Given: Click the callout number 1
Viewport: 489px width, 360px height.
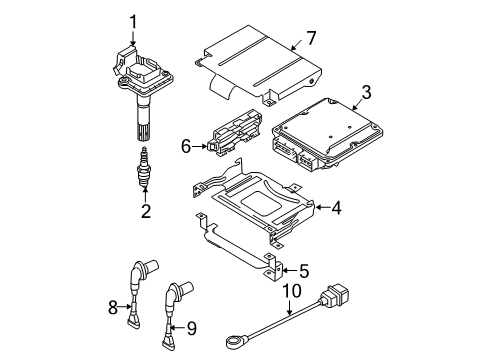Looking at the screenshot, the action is click(x=133, y=22).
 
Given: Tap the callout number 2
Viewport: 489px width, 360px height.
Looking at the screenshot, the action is click(x=146, y=211).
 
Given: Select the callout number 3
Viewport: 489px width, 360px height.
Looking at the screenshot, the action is click(x=366, y=92).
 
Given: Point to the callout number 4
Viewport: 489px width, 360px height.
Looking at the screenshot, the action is click(x=337, y=208).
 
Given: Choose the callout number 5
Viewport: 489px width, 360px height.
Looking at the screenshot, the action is click(x=304, y=271).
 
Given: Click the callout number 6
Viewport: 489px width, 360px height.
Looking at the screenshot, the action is click(x=186, y=146).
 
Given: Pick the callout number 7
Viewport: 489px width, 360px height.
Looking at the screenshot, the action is click(x=311, y=38).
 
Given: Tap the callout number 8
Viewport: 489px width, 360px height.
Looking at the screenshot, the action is click(x=113, y=307).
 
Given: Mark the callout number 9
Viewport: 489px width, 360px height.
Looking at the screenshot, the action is click(x=191, y=328).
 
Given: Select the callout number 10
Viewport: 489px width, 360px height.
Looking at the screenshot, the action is click(x=292, y=291).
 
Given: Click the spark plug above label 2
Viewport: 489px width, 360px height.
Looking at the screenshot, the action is click(x=143, y=166).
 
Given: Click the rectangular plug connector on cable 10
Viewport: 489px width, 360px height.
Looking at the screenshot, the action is click(x=336, y=295).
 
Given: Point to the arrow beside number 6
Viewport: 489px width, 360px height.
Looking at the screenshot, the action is click(x=199, y=146).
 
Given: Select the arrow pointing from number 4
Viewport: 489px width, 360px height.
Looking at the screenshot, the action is click(x=323, y=208).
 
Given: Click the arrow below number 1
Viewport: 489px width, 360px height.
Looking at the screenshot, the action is click(x=133, y=38).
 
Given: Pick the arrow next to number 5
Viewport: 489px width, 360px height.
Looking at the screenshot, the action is click(x=290, y=270).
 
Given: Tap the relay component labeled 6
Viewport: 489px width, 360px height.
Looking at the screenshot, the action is click(x=234, y=133).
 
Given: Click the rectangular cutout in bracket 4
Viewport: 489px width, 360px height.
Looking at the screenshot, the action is click(x=261, y=202).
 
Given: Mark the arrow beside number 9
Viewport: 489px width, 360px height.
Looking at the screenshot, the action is click(x=178, y=328).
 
